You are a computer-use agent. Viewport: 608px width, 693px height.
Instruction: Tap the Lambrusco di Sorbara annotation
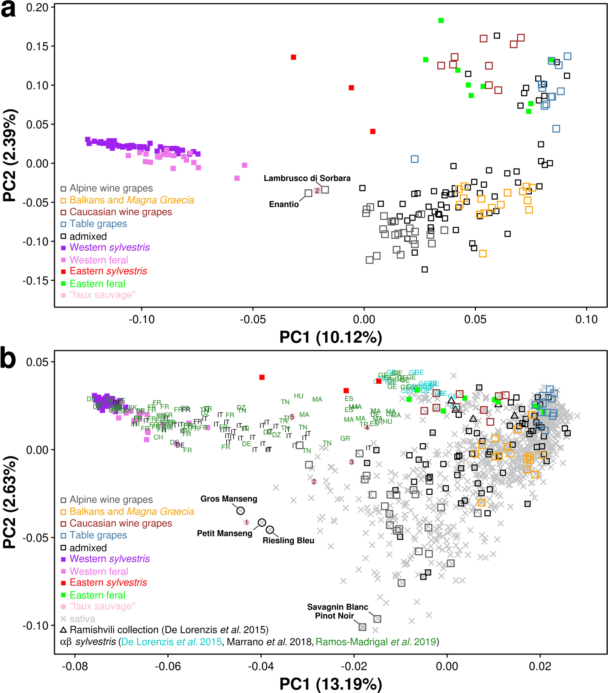point(307,178)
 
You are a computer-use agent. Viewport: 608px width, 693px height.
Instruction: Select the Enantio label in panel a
point(283,204)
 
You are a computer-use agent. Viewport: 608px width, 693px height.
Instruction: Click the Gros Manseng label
point(229,499)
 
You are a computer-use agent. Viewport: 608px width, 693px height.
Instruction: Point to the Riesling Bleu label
point(288,540)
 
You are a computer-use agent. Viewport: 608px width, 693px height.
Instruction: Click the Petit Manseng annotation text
point(225,533)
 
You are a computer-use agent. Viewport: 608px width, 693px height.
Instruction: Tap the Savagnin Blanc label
point(338,607)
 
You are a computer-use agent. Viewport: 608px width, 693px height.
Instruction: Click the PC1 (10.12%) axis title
point(331,337)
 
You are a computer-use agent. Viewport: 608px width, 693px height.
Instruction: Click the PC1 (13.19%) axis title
point(331,684)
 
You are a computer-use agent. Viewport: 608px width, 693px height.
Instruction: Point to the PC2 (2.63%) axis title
point(10,502)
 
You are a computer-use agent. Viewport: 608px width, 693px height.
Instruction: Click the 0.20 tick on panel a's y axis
point(37,7)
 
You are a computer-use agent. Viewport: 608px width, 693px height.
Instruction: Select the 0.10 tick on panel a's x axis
point(586,319)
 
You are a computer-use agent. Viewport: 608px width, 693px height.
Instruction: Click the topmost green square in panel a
point(441,20)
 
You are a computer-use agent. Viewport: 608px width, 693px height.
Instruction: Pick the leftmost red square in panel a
point(293,57)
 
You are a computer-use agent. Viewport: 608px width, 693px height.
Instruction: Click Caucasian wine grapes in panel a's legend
point(121,212)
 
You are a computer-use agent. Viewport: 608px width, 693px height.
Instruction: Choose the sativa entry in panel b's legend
point(82,619)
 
